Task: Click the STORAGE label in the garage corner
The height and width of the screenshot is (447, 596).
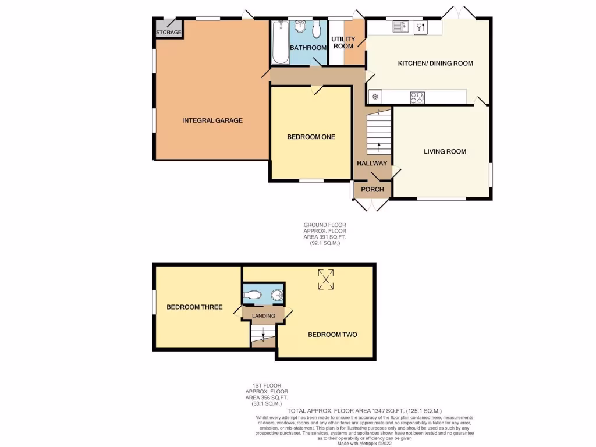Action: (x=169, y=32)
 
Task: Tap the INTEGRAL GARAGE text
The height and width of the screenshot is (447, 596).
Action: (x=212, y=120)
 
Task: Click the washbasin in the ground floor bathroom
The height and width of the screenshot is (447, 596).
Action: (x=300, y=26)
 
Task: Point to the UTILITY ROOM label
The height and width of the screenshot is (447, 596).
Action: (x=343, y=42)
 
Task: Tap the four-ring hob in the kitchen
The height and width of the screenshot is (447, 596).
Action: (x=417, y=97)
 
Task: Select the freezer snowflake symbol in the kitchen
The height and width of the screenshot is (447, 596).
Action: (x=375, y=97)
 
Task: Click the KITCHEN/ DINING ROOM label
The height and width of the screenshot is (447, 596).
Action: (x=435, y=63)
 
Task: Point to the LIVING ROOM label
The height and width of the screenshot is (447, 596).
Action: (x=445, y=151)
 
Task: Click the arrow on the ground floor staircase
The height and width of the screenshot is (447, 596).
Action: (x=379, y=147)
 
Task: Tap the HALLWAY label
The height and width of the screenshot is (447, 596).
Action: (x=372, y=164)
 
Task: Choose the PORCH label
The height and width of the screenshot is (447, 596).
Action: (x=372, y=189)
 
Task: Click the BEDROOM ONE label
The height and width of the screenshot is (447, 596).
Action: (x=311, y=137)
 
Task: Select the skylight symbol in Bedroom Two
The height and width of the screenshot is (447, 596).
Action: (x=326, y=279)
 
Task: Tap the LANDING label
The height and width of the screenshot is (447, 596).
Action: (x=263, y=315)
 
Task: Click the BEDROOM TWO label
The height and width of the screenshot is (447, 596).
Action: (x=332, y=335)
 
